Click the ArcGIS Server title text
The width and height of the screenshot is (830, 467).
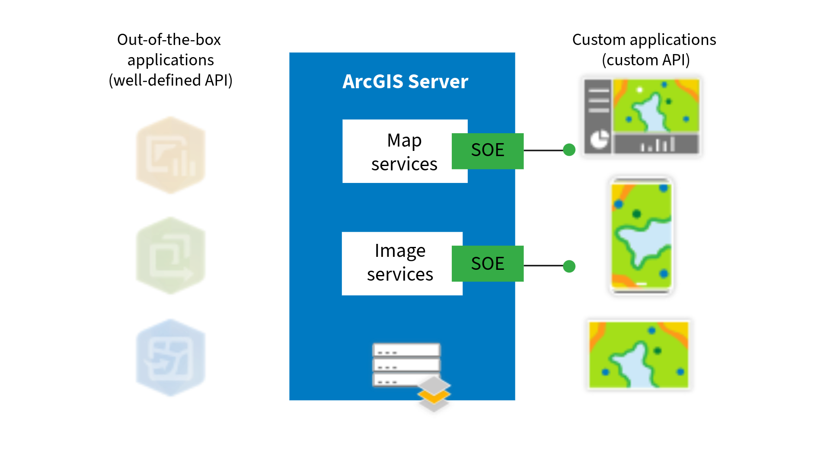[x=405, y=82]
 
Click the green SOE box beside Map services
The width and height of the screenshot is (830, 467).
[x=488, y=150]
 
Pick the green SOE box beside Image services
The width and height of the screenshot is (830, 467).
[x=488, y=263]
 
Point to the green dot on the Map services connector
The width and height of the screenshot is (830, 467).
[x=569, y=150]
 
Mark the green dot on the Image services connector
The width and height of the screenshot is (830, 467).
[x=569, y=266]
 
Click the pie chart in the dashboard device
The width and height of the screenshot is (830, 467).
[x=599, y=140]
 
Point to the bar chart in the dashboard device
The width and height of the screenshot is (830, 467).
[x=657, y=144]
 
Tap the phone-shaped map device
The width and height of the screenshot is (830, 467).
[x=641, y=236]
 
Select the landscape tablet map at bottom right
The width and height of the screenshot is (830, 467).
[x=639, y=355]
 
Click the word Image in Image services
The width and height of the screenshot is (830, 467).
[x=400, y=251]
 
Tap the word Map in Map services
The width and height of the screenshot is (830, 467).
[x=404, y=141]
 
